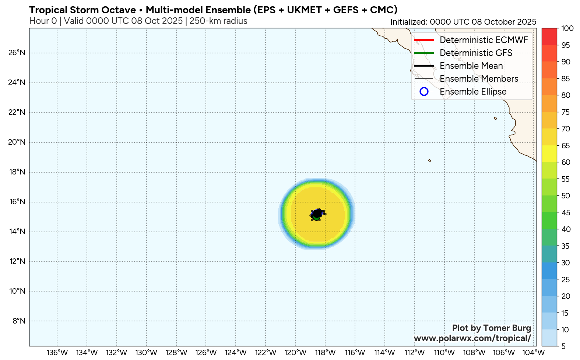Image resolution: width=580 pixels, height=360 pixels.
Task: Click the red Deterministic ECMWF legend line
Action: [424, 40]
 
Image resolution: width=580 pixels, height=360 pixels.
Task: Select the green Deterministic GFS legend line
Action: [424, 53]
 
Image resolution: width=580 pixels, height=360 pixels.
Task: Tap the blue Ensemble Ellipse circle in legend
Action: [424, 92]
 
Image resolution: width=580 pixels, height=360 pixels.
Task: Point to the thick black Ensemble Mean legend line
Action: [424, 66]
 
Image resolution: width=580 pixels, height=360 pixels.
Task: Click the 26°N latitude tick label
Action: [17, 53]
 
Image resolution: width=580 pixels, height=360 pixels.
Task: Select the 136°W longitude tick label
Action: [57, 353]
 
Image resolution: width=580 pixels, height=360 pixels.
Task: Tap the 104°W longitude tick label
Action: [534, 353]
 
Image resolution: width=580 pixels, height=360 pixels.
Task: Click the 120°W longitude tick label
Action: [295, 353]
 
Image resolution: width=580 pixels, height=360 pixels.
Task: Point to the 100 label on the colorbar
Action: [567, 28]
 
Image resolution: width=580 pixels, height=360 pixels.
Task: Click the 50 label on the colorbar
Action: [566, 196]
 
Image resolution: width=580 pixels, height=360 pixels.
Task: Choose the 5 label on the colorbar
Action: [563, 346]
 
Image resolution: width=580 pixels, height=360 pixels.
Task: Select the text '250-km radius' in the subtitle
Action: [218, 21]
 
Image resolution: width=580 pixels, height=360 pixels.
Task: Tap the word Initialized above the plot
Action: [408, 22]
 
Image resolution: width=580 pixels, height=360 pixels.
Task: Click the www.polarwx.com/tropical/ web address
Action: [472, 338]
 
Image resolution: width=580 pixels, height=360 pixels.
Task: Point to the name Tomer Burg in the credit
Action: [507, 328]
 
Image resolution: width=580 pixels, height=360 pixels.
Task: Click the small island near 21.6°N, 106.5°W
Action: [495, 118]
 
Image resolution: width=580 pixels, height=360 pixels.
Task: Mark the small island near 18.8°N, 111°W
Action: [429, 160]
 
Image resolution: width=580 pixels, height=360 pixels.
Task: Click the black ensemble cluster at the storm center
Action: [317, 213]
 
